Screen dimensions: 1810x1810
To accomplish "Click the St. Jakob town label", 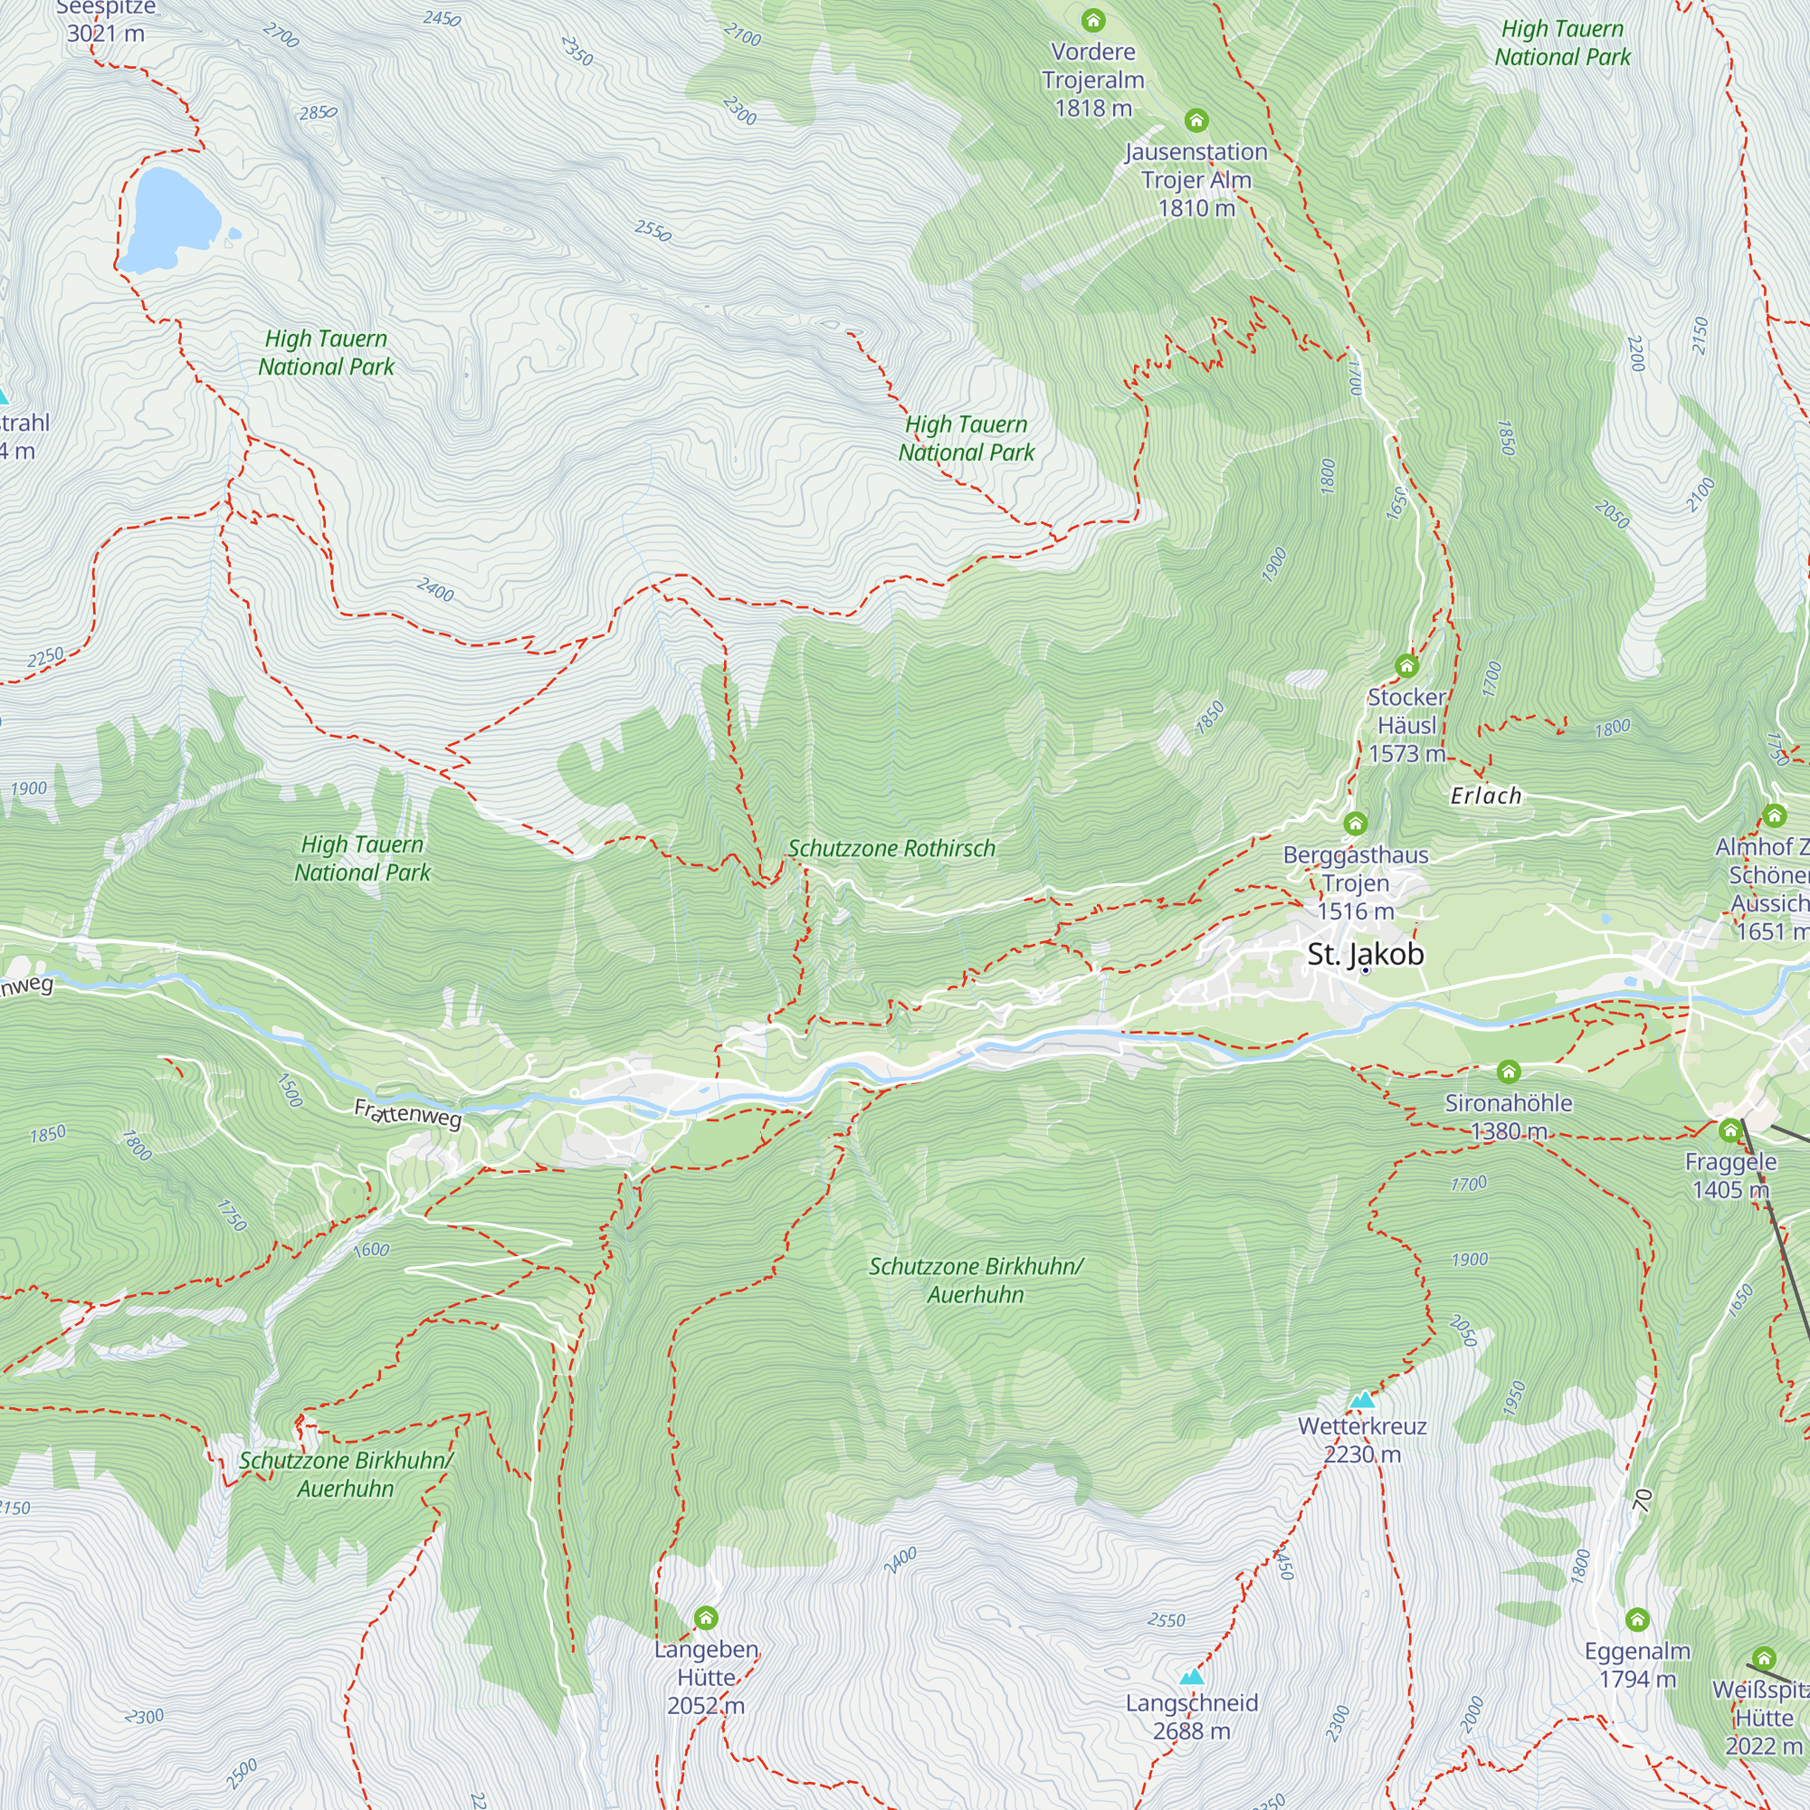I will (1365, 954).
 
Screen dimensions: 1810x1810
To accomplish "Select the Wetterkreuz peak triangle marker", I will (1362, 1400).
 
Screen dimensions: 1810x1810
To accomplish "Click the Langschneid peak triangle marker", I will (1192, 1676).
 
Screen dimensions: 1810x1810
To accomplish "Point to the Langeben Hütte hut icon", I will (706, 1618).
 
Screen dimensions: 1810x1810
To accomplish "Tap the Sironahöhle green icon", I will (1508, 1071).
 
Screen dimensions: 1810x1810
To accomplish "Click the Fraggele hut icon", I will (1729, 1130).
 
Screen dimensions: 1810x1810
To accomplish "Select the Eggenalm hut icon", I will (1636, 1620).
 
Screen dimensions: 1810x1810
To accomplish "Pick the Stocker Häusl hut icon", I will (1406, 666).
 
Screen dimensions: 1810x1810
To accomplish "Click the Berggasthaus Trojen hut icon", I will (1356, 824).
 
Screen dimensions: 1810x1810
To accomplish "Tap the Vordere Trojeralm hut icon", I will (1093, 20).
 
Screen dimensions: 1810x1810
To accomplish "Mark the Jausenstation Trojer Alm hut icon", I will (1196, 120).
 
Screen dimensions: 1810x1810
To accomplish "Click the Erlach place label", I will (1486, 796).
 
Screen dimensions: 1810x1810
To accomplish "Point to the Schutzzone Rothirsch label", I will (891, 849).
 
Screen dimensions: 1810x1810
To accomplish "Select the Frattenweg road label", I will (408, 1114).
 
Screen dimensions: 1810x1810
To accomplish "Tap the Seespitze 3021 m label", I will (105, 21).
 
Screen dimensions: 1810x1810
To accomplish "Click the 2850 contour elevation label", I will (318, 113).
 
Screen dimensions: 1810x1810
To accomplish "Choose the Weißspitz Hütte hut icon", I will (1763, 1659).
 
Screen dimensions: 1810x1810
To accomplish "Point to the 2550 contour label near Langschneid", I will (1166, 1620).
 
